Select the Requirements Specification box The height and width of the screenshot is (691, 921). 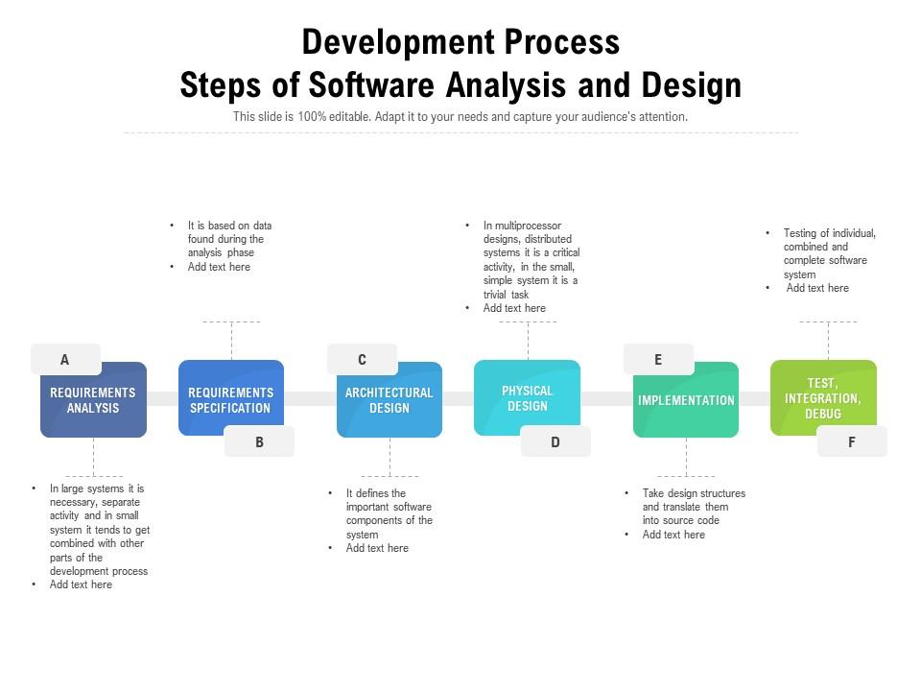click(231, 397)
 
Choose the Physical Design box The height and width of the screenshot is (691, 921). click(527, 397)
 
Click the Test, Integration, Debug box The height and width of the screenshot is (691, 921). click(823, 397)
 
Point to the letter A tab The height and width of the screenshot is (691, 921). click(65, 359)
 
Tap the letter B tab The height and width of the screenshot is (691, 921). click(259, 441)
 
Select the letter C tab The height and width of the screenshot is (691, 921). click(362, 359)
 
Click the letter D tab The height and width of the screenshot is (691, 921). click(555, 441)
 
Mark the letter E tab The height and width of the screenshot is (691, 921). click(658, 359)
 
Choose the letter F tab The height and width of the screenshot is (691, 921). click(852, 441)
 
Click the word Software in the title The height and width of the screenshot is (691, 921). click(371, 84)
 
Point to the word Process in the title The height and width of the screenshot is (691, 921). click(562, 42)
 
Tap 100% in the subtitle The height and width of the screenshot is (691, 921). click(312, 116)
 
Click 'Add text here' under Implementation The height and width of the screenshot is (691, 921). click(673, 535)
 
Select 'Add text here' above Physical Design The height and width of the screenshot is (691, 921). click(514, 308)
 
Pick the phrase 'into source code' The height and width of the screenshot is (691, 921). click(681, 520)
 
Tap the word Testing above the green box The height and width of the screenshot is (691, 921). click(800, 233)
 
